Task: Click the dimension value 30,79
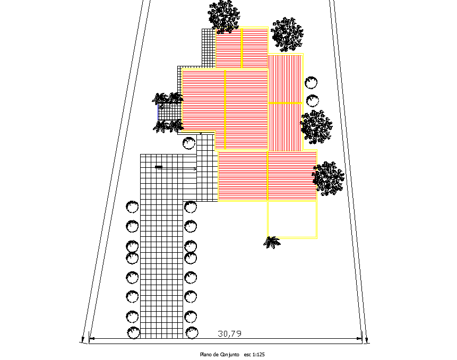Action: point(230,333)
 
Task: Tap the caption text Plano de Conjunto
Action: point(219,355)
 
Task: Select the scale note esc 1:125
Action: point(254,355)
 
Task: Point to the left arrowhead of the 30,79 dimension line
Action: point(92,338)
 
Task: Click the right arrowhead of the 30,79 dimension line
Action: point(359,338)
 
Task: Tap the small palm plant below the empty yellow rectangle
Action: point(272,243)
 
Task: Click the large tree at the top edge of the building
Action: point(224,16)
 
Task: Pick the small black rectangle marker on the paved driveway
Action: point(159,167)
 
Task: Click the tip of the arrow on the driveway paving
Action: point(196,169)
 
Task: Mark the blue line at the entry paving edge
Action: point(158,112)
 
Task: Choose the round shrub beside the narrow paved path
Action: point(189,143)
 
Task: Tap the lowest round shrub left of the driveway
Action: point(133,332)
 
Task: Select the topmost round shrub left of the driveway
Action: point(132,207)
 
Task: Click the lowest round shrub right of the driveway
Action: point(192,332)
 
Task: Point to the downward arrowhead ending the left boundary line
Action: point(83,340)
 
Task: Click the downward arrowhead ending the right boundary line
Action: point(367,340)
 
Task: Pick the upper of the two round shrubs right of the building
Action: point(311,83)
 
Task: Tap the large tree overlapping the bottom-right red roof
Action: point(328,178)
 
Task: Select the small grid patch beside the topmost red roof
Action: point(209,48)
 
